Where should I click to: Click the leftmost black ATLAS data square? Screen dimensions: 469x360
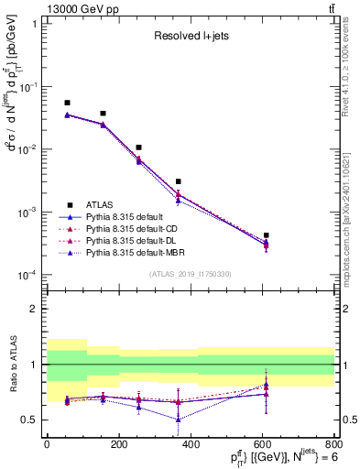click(67, 103)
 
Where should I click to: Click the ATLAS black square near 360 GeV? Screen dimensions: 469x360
click(178, 181)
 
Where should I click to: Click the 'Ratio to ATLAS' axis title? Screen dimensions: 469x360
click(12, 365)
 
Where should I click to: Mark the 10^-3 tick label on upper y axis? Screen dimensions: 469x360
click(27, 213)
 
